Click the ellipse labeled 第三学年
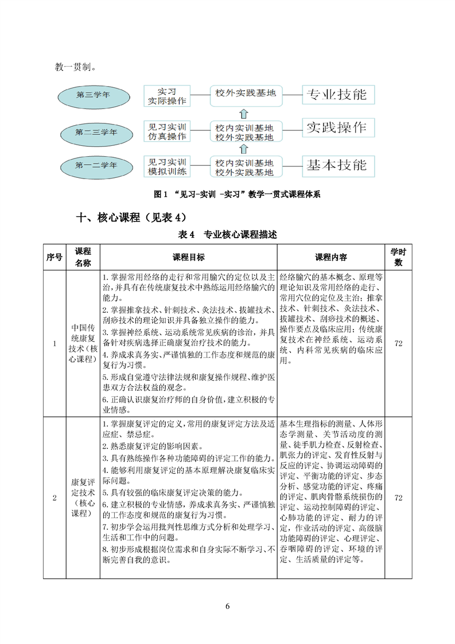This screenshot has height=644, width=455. (93, 95)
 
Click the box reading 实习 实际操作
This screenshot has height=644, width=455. (166, 96)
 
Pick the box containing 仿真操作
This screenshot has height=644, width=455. (167, 131)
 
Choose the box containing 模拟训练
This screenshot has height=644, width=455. (167, 166)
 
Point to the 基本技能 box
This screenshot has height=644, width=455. (337, 166)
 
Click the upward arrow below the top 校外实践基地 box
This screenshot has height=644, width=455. (243, 111)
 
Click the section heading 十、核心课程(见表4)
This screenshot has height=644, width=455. (131, 218)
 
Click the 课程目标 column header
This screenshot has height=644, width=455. (188, 257)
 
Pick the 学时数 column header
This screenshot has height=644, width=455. (397, 257)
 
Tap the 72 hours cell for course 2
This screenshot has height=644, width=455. (398, 498)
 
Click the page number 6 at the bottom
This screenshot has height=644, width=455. (227, 607)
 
